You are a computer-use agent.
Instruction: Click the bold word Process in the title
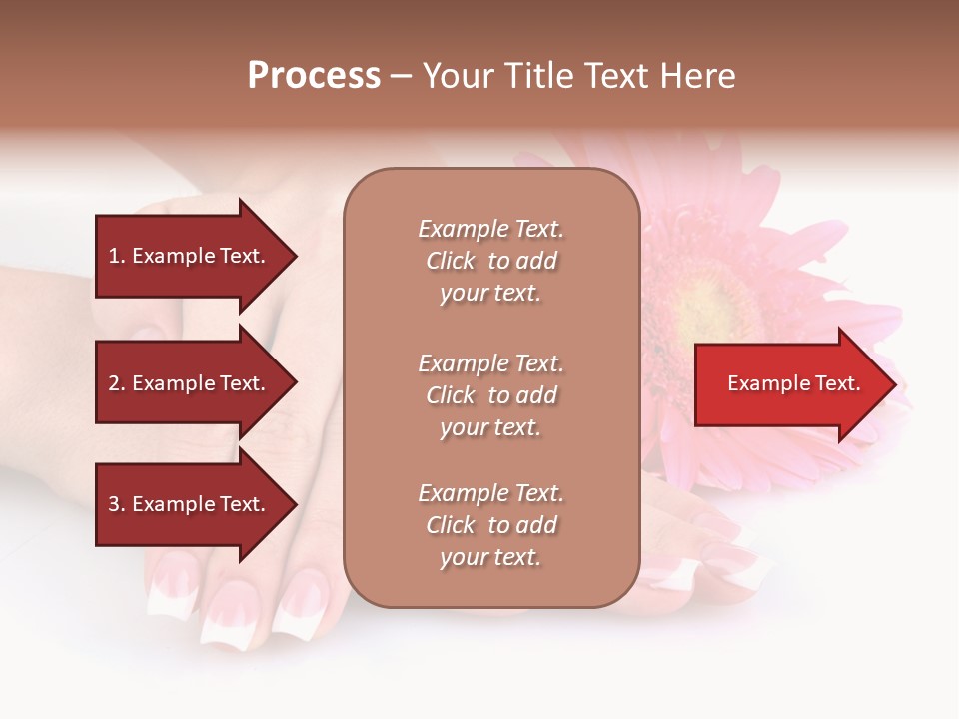tap(314, 76)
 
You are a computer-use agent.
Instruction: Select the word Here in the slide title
tap(696, 76)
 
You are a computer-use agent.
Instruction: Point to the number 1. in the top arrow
tap(116, 256)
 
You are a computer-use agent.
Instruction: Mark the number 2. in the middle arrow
tap(116, 383)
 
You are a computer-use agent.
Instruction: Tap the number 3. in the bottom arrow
tap(116, 505)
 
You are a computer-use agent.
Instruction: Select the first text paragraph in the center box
tap(490, 261)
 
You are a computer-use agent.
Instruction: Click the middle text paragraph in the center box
tap(490, 395)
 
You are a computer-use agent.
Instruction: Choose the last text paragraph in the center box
tap(490, 525)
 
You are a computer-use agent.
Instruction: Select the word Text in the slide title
tap(618, 76)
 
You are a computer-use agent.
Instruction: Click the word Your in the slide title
tap(459, 76)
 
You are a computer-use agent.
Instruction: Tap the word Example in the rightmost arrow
tap(765, 383)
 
